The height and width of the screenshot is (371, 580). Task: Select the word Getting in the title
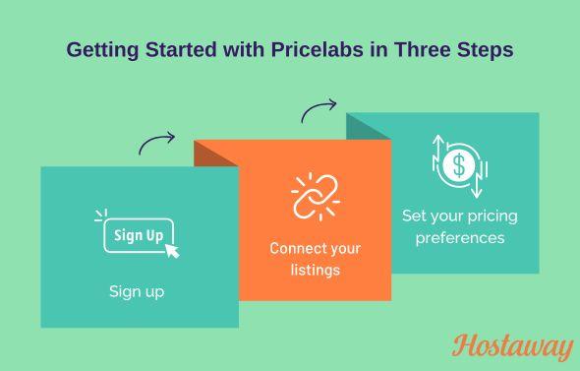[x=102, y=49]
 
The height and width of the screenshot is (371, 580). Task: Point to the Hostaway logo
[x=512, y=346]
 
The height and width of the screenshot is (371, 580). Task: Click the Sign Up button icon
[x=139, y=235]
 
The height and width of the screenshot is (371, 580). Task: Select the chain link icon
[x=315, y=196]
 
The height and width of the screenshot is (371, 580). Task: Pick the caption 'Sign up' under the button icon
[x=137, y=291]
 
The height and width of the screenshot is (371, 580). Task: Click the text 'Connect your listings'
[x=315, y=258]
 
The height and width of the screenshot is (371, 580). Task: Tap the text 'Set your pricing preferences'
[x=459, y=226]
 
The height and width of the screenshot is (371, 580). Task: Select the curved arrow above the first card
[x=156, y=144]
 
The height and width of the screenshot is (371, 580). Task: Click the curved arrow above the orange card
[x=319, y=110]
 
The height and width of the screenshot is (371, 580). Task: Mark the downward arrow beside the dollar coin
[x=478, y=183]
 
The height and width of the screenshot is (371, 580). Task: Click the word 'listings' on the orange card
[x=315, y=269]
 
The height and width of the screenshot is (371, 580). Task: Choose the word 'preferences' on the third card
[x=459, y=237]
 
